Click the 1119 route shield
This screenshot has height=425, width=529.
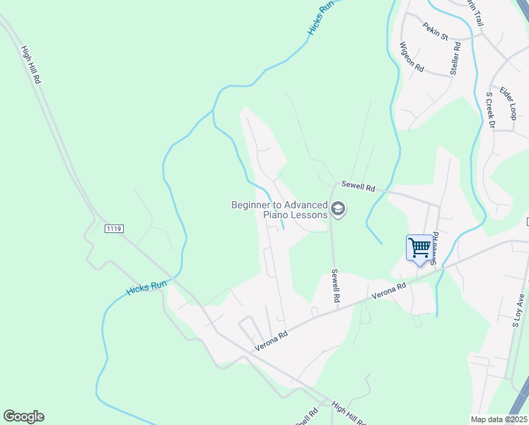pos(113,229)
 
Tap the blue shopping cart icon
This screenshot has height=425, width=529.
pos(419,248)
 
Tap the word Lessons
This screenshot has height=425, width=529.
pos(310,215)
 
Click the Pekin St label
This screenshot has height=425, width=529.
pos(436,32)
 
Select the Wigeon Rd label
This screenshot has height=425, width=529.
pos(411,57)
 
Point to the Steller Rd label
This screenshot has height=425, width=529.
pos(455,59)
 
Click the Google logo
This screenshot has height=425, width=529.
pos(23,416)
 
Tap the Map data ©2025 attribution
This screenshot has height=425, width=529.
pos(498,419)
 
